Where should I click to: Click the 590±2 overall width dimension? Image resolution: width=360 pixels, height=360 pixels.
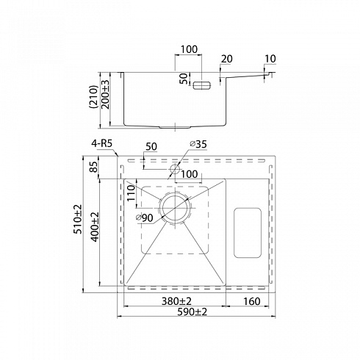click(192, 312)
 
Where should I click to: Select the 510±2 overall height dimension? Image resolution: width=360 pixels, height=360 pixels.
click(78, 219)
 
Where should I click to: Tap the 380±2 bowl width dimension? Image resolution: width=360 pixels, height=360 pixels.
click(176, 301)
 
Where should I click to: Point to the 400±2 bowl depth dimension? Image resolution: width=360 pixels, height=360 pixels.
click(96, 226)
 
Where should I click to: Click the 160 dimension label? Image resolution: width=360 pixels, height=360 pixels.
click(252, 301)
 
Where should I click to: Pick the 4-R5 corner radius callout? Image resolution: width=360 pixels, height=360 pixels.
click(101, 143)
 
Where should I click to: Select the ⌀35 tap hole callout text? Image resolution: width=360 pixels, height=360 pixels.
click(198, 144)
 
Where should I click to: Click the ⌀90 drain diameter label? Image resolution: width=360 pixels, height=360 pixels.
click(145, 217)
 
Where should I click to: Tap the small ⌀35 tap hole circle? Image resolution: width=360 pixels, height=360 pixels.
click(175, 168)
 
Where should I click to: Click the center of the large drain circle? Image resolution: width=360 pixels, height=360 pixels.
click(175, 207)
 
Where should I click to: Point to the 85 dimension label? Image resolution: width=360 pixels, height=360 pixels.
click(95, 167)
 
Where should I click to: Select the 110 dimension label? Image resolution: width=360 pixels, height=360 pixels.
click(132, 192)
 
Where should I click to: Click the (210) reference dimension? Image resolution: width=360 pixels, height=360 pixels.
click(93, 97)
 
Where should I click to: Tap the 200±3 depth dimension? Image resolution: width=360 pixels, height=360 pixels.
click(105, 95)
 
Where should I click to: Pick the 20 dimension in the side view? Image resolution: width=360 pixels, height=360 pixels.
click(227, 59)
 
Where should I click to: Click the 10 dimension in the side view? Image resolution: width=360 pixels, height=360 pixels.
click(270, 59)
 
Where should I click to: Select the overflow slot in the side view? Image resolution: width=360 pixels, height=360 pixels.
click(202, 85)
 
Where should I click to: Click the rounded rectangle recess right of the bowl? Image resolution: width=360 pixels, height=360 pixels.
click(248, 233)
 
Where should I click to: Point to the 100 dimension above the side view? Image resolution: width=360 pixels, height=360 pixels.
click(189, 49)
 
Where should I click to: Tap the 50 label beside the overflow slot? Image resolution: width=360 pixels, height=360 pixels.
click(185, 79)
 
